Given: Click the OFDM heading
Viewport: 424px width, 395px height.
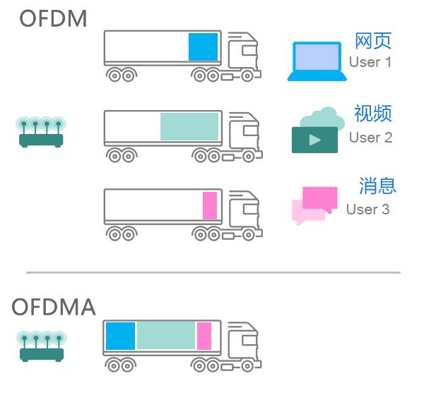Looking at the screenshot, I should pyautogui.click(x=54, y=19).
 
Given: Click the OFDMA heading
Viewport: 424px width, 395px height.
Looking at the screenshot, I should pyautogui.click(x=54, y=307).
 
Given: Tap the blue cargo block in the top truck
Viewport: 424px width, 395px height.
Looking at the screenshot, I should pyautogui.click(x=203, y=47).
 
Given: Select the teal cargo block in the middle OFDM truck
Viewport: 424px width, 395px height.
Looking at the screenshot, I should pyautogui.click(x=189, y=126).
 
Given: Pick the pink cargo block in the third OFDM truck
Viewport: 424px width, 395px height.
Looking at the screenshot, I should pyautogui.click(x=209, y=205).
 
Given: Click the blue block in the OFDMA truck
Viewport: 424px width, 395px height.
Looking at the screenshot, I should pyautogui.click(x=120, y=336).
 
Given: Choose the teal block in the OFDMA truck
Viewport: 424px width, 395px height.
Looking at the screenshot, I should pyautogui.click(x=165, y=336).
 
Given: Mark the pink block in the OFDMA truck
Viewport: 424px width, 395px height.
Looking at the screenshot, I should pyautogui.click(x=204, y=336).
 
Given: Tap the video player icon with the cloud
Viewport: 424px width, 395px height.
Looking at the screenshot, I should pyautogui.click(x=317, y=131).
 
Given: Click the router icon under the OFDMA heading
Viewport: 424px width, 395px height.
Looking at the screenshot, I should pyautogui.click(x=40, y=346).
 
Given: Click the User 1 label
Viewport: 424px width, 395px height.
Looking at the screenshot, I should pyautogui.click(x=370, y=62).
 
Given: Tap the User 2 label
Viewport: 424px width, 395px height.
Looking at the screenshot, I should pyautogui.click(x=370, y=138).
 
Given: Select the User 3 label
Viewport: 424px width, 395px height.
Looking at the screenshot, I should pyautogui.click(x=367, y=209).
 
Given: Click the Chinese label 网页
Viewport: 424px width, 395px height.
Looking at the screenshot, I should pyautogui.click(x=372, y=40).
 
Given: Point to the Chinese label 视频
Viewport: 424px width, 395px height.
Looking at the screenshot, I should pyautogui.click(x=372, y=114).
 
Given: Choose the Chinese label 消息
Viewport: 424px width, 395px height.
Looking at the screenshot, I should pyautogui.click(x=377, y=186).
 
